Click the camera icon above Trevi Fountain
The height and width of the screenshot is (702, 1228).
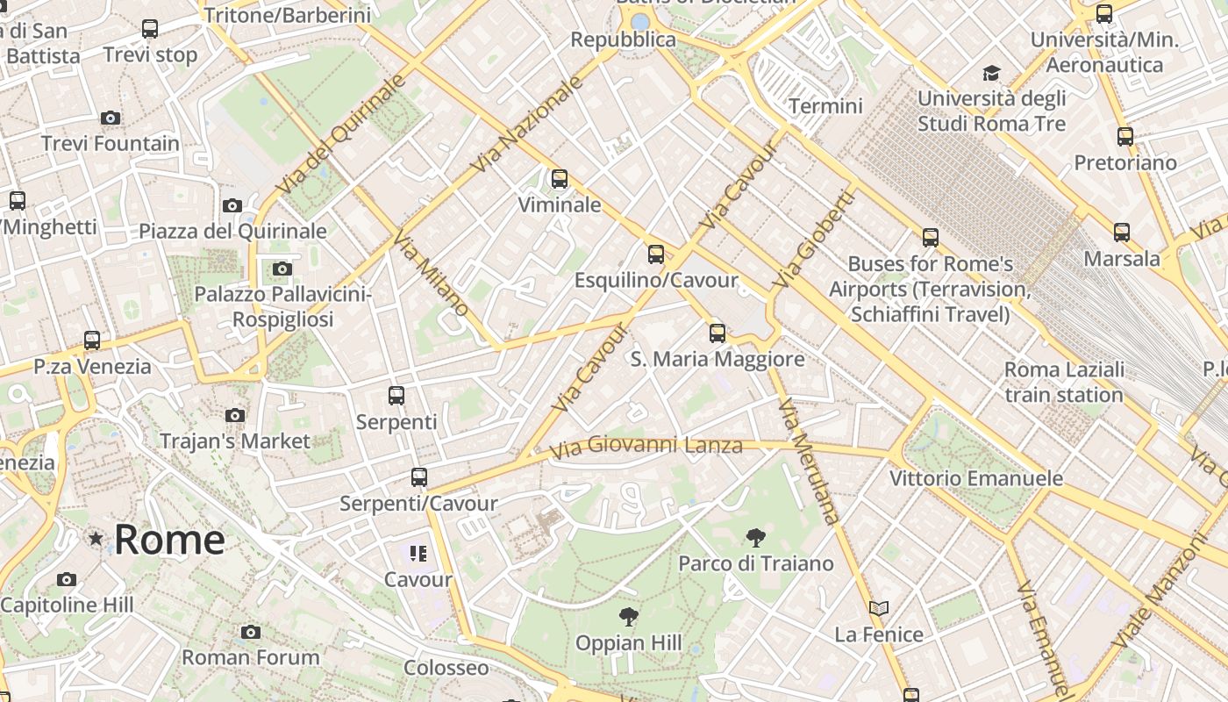click(111, 118)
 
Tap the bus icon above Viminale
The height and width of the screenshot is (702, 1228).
click(560, 179)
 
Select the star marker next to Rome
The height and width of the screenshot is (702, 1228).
click(95, 538)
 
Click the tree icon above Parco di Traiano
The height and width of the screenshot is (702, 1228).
click(755, 538)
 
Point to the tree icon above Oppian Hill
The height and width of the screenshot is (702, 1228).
click(628, 617)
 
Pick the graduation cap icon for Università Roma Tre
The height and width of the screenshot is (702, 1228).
click(991, 73)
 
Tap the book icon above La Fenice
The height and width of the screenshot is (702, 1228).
click(879, 608)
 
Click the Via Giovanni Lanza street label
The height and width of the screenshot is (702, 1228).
click(646, 447)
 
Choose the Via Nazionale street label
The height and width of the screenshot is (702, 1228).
click(526, 124)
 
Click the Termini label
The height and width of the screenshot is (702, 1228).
click(825, 106)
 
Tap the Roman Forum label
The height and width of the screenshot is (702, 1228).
click(251, 657)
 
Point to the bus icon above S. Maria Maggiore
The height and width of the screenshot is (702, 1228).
click(718, 333)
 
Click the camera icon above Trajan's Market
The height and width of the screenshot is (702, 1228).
click(235, 415)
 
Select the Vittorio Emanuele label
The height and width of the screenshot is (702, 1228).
click(976, 478)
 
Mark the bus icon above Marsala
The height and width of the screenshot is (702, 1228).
click(1122, 233)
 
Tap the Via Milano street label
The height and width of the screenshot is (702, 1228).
click(430, 273)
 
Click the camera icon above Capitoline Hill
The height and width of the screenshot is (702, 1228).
click(67, 579)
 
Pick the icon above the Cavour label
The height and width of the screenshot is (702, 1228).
click(418, 554)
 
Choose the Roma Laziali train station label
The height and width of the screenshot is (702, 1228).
click(1064, 383)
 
